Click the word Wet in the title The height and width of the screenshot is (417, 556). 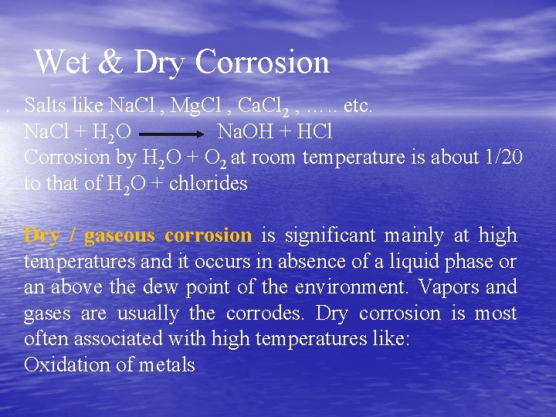point(63,63)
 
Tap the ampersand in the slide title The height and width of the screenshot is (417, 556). point(112,63)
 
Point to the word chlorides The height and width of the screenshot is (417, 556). point(208,184)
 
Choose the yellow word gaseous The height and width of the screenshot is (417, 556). point(120,236)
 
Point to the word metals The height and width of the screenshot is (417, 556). point(168,364)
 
